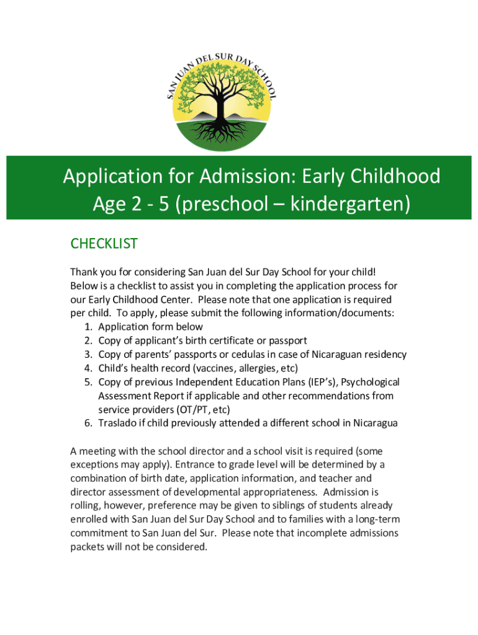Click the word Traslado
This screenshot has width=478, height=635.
coord(117,424)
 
